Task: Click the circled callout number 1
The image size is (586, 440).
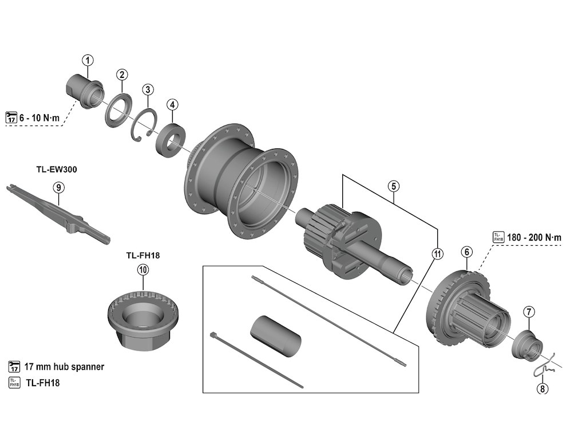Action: tap(88, 60)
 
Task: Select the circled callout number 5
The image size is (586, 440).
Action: tap(393, 186)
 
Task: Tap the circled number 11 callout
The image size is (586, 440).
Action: tap(437, 254)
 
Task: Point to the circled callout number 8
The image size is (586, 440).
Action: tap(542, 389)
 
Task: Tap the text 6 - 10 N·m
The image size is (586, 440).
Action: tap(39, 117)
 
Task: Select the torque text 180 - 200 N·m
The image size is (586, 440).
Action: tap(534, 237)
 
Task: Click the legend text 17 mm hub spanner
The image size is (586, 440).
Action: tap(64, 367)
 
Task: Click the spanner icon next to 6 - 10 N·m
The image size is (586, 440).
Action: tap(11, 117)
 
